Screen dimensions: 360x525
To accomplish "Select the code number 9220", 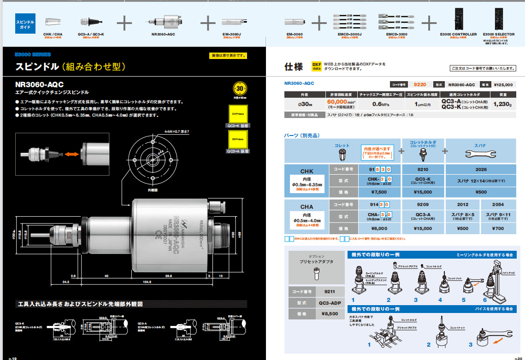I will tap(420, 85).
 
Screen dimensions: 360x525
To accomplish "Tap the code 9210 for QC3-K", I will tap(423, 169).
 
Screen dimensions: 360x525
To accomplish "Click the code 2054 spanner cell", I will tap(498, 204).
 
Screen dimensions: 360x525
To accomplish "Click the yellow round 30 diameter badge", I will tap(239, 89).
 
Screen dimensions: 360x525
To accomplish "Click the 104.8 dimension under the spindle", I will tap(147, 281).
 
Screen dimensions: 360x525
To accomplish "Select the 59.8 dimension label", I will tap(168, 276).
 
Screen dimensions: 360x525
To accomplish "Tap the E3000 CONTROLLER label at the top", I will tap(458, 34).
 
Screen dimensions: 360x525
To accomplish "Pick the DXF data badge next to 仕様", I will tap(316, 66).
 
